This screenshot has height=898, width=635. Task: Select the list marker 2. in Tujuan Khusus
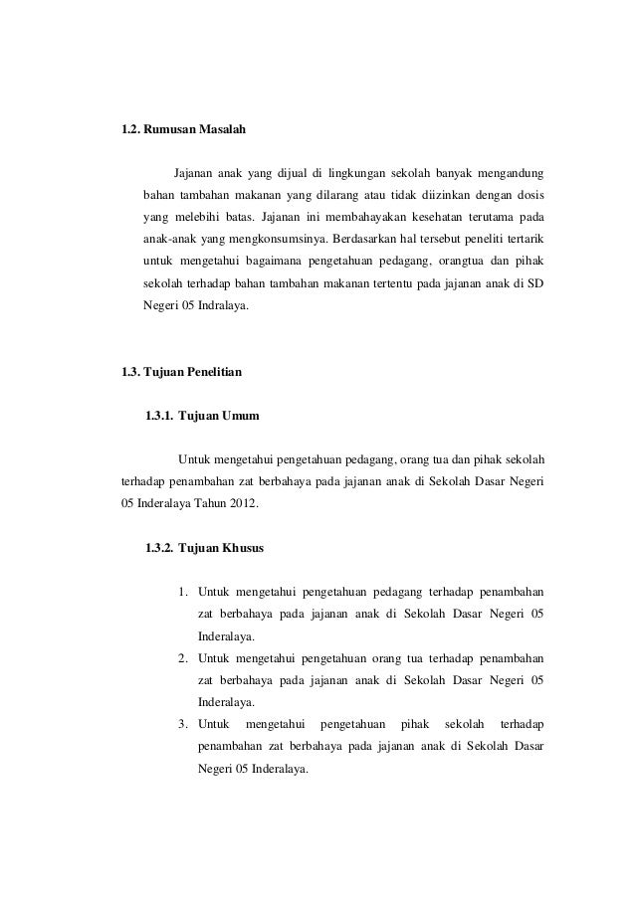(184, 658)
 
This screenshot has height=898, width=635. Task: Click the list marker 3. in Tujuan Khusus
(184, 725)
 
